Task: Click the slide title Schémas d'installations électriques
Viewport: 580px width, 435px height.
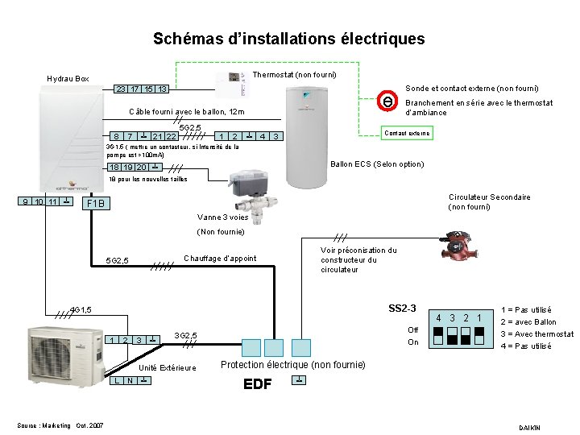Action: [x=288, y=39]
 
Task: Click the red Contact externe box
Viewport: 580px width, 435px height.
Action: [x=407, y=133]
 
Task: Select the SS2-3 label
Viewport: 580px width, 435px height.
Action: [x=402, y=309]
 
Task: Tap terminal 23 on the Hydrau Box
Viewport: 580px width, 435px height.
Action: [x=120, y=89]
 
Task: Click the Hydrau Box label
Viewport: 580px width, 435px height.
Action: [x=68, y=79]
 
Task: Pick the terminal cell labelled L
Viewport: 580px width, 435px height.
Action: [x=118, y=380]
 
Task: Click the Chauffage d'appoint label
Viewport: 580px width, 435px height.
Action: [x=221, y=259]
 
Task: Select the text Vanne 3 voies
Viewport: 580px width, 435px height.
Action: [x=222, y=217]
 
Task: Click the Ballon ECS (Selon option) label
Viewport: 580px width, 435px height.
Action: [x=377, y=164]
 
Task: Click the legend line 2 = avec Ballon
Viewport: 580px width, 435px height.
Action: [x=528, y=322]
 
